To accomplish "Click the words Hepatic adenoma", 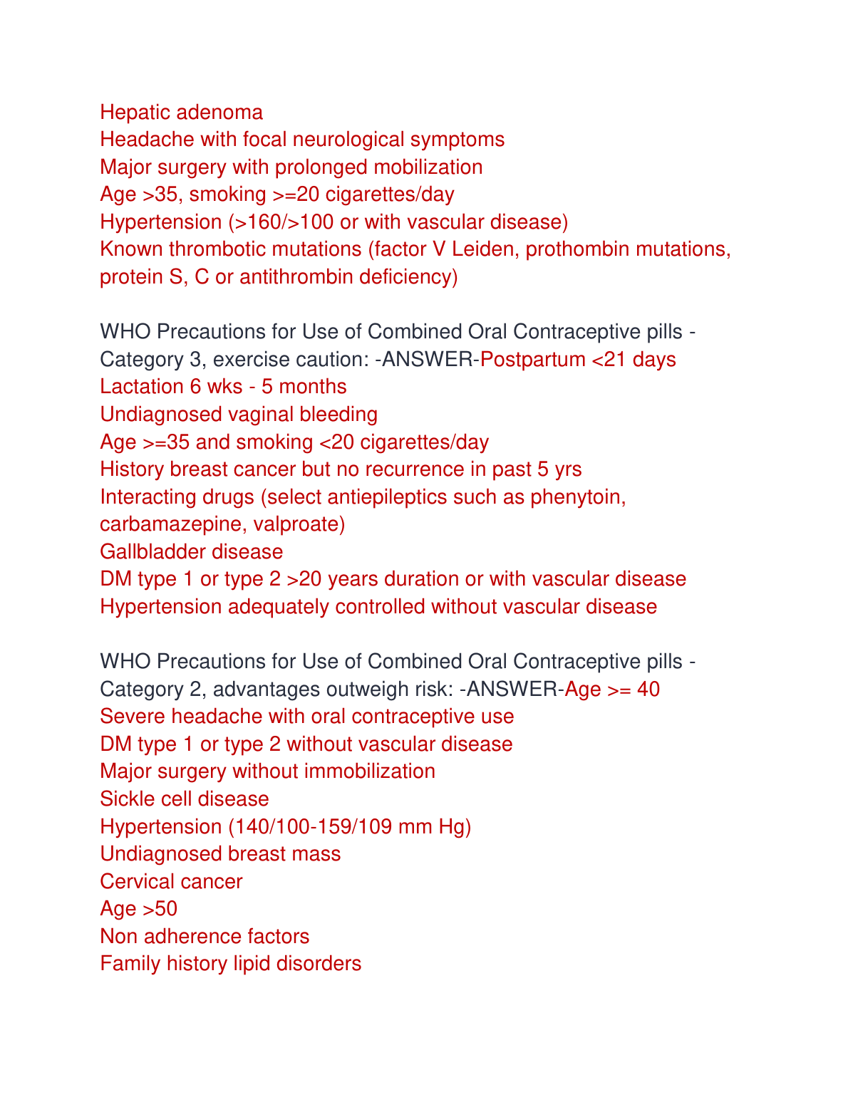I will pos(181,113).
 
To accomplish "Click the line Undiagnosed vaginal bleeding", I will pos(239,415).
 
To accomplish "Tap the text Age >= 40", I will pos(612,690).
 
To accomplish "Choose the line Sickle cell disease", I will pos(185,799).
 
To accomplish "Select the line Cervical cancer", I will pos(171,882).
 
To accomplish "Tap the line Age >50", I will pos(139,909).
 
